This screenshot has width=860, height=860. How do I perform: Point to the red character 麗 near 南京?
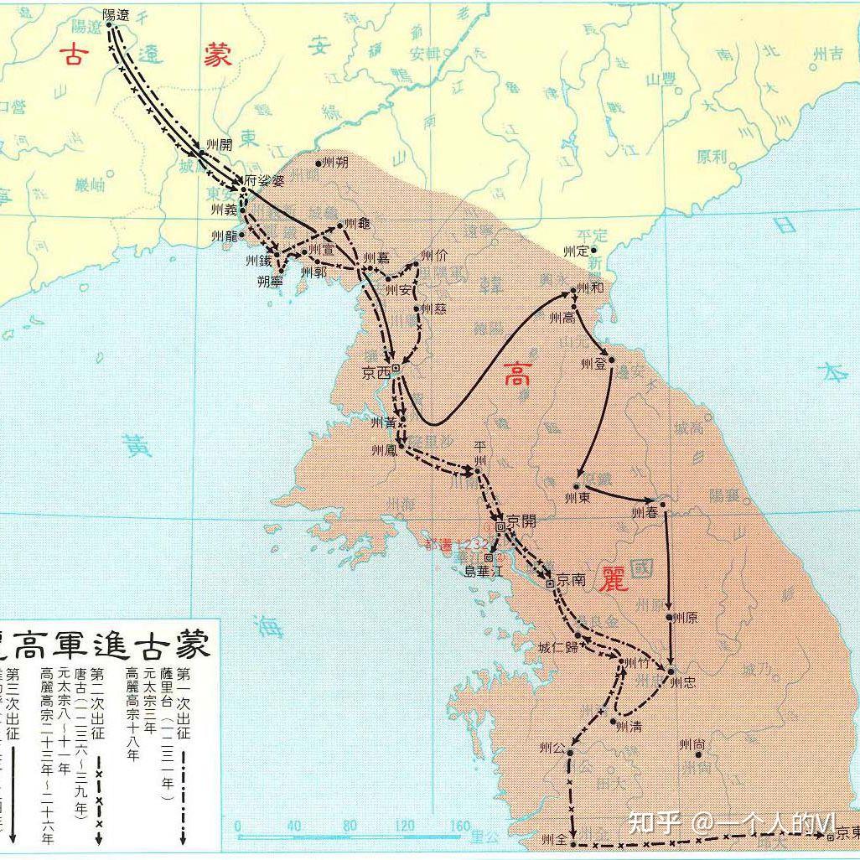tap(614, 578)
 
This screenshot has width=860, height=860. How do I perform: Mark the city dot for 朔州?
tap(319, 163)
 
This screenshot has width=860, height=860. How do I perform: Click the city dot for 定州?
tap(593, 250)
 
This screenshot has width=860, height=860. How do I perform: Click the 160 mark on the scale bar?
tap(459, 826)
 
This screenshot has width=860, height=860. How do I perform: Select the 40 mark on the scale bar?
tap(293, 826)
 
